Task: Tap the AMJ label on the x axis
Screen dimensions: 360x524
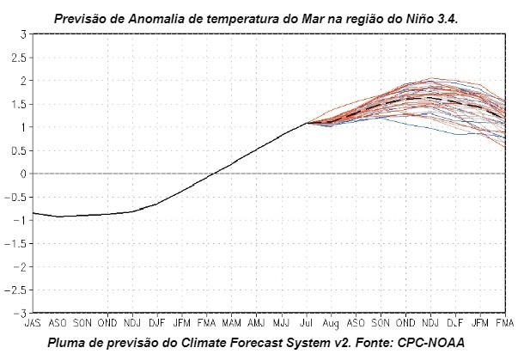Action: tap(256, 324)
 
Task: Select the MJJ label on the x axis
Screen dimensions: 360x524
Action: tap(281, 324)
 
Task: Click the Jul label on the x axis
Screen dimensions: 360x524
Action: tap(306, 324)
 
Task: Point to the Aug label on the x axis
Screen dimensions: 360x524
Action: tap(331, 324)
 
